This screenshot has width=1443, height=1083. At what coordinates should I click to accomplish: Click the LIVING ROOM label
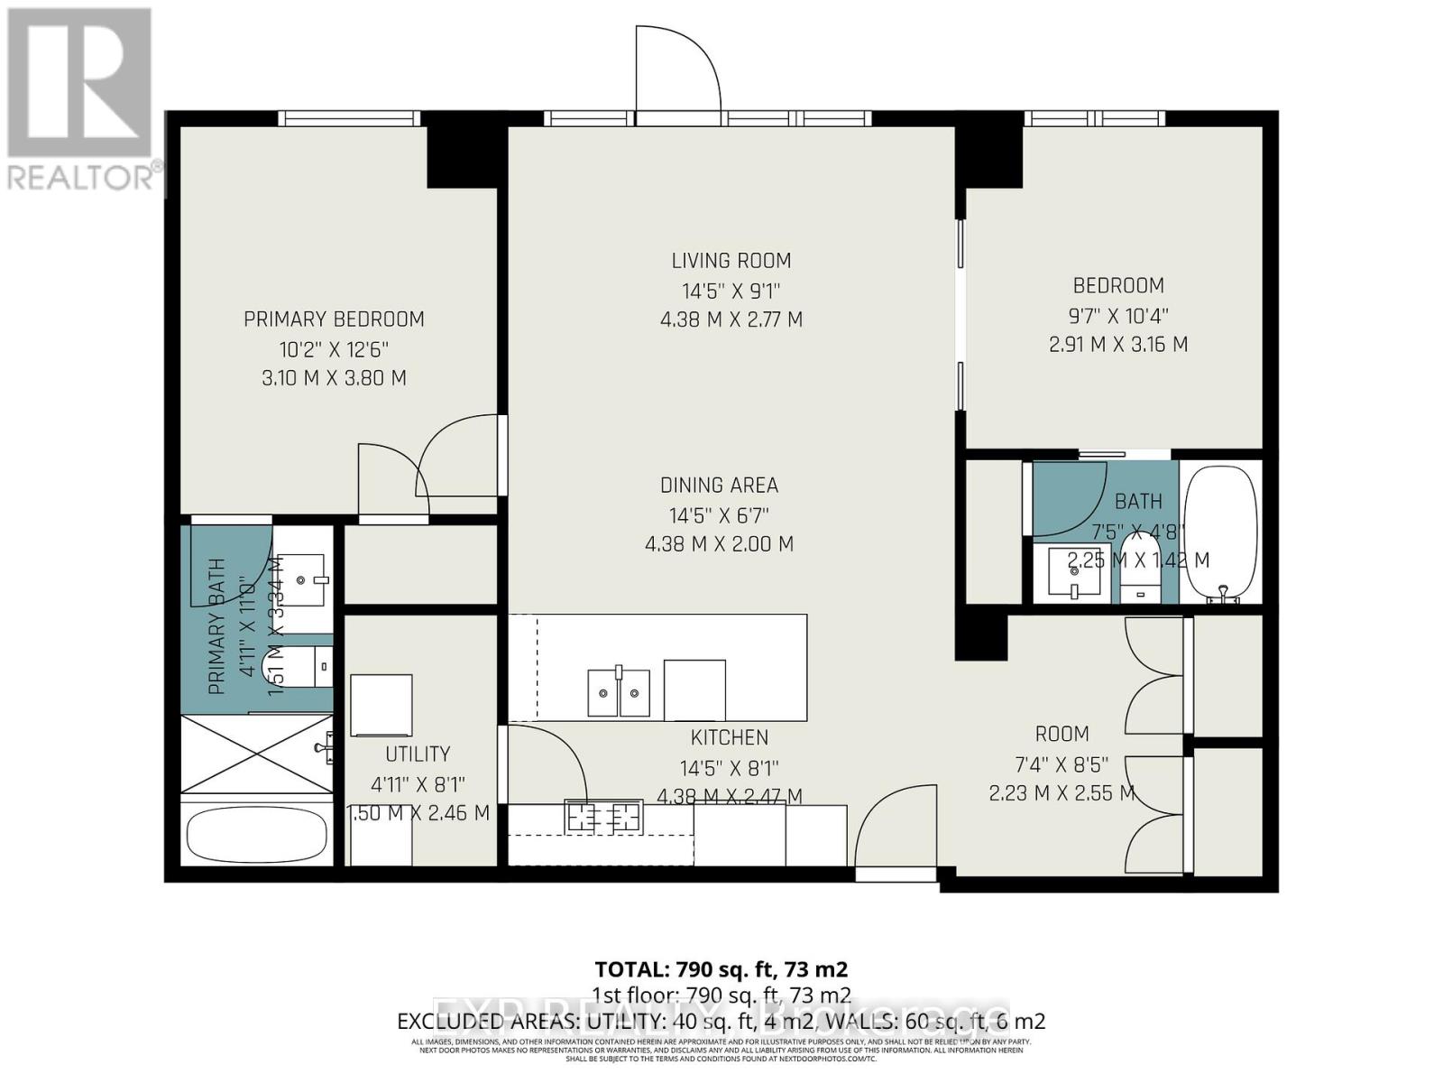coord(731,261)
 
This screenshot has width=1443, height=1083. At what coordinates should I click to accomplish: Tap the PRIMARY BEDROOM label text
coord(334,319)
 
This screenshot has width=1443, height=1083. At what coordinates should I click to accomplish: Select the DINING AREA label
coord(719,486)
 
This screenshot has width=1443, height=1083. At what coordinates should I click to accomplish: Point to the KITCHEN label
coord(729,737)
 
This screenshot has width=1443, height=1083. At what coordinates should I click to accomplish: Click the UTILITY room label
coord(417,754)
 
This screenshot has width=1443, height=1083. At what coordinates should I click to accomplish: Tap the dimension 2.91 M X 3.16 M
coord(1117,345)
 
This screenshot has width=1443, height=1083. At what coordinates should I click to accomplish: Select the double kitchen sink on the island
coord(619,692)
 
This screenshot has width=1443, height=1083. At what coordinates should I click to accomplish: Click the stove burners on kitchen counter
coord(602,818)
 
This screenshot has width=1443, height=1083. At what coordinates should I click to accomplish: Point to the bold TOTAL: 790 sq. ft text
coord(721,969)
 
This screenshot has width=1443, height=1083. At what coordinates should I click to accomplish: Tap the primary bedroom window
coord(349,118)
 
